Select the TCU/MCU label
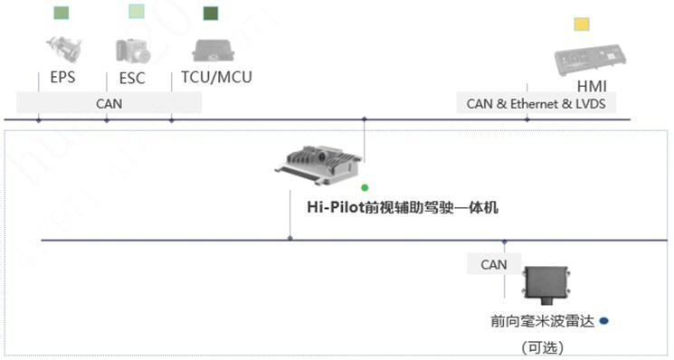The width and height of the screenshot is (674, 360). [x=216, y=78]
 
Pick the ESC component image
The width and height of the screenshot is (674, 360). [x=131, y=49]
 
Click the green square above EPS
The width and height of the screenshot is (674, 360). [x=61, y=13]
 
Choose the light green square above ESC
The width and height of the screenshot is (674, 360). [x=136, y=12]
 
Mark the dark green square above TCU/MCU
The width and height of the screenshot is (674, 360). [x=211, y=13]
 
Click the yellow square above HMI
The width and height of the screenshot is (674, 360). [x=582, y=24]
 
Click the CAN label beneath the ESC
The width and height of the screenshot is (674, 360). [x=109, y=103]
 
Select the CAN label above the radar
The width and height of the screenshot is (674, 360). [x=493, y=264]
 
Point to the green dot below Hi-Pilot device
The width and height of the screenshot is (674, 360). [x=365, y=188]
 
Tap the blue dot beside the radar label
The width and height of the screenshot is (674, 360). [x=603, y=320]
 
